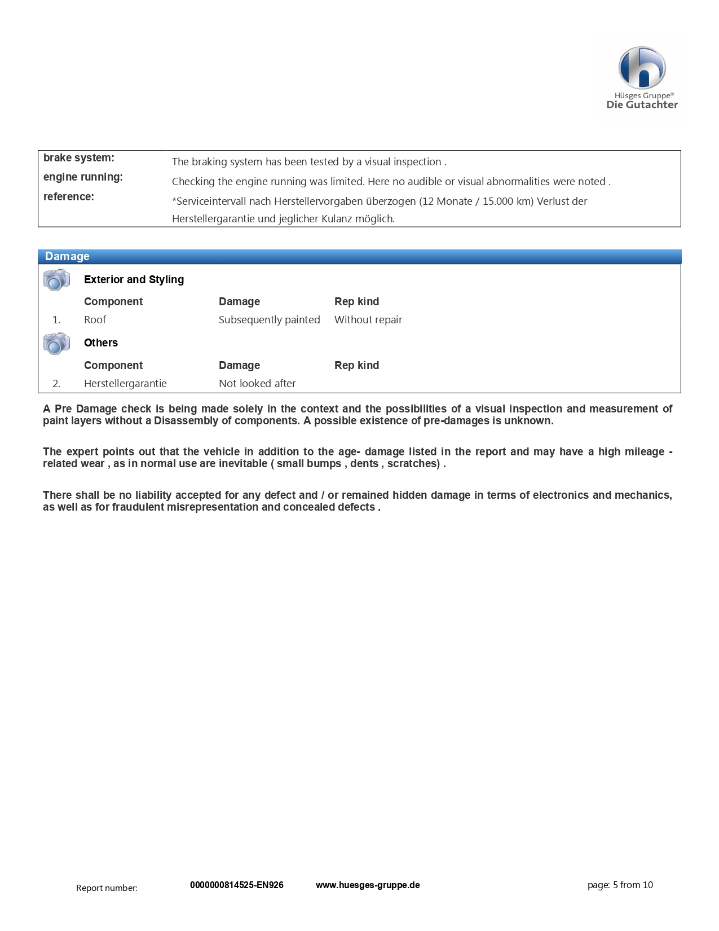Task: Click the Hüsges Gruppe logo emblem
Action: click(642, 68)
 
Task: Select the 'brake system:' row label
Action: click(78, 158)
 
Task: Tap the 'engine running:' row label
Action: click(83, 177)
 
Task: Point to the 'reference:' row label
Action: click(69, 197)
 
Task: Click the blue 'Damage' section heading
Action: click(67, 257)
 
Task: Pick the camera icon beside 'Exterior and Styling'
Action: click(56, 280)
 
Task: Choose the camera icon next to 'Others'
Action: click(56, 343)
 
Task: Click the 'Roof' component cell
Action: click(95, 320)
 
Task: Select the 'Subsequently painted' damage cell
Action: click(269, 320)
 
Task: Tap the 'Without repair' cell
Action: click(368, 320)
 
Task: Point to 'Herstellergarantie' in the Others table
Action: click(125, 384)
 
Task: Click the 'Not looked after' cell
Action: click(257, 384)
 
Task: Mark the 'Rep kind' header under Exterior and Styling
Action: click(356, 302)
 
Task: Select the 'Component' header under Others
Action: click(113, 366)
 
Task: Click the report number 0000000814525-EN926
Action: click(236, 885)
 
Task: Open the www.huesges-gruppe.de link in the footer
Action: click(368, 885)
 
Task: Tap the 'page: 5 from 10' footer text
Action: click(620, 885)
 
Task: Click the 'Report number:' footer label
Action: click(107, 888)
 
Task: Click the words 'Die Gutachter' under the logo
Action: click(642, 104)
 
